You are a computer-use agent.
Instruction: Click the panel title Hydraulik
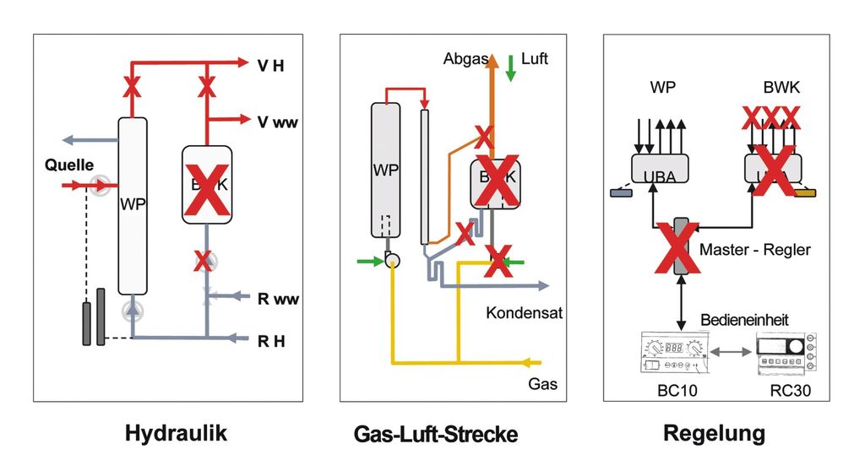pyautogui.click(x=176, y=433)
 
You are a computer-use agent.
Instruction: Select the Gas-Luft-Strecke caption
pyautogui.click(x=435, y=435)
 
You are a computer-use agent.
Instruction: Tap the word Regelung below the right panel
pyautogui.click(x=714, y=433)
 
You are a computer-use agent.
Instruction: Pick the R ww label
pyautogui.click(x=278, y=298)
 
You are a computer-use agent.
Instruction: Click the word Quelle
pyautogui.click(x=69, y=165)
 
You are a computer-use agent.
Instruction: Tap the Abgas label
pyautogui.click(x=464, y=59)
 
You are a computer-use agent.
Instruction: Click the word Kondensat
pyautogui.click(x=524, y=312)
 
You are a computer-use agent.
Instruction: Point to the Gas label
pyautogui.click(x=542, y=384)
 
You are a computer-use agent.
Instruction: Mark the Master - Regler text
pyautogui.click(x=755, y=250)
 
